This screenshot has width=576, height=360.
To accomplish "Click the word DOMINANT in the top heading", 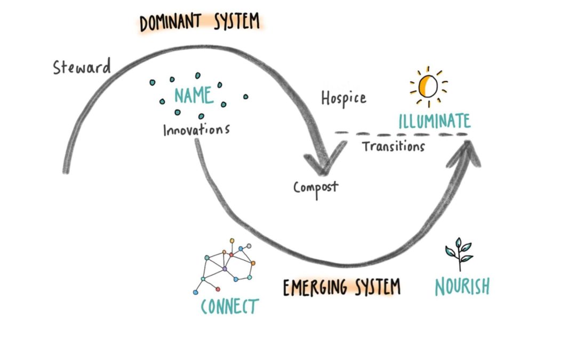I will tap(170, 23).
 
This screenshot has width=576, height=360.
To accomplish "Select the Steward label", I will tap(82, 68).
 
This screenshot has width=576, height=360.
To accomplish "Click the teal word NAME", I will tap(194, 96).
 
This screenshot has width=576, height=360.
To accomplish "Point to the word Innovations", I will tap(196, 130).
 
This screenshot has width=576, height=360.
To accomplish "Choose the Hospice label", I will tap(343, 98).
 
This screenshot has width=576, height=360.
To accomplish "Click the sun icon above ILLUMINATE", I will tap(428, 85).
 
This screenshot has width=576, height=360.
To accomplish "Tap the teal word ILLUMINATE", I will tap(435, 121).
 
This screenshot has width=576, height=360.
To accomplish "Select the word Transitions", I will tap(394, 146).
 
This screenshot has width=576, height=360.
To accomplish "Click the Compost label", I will tap(316, 187).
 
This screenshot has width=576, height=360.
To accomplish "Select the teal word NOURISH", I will tap(462, 287).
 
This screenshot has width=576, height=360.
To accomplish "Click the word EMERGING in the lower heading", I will tap(313, 287).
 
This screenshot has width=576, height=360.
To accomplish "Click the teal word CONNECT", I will tap(229, 307).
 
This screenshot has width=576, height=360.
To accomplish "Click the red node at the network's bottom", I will tap(218, 289).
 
